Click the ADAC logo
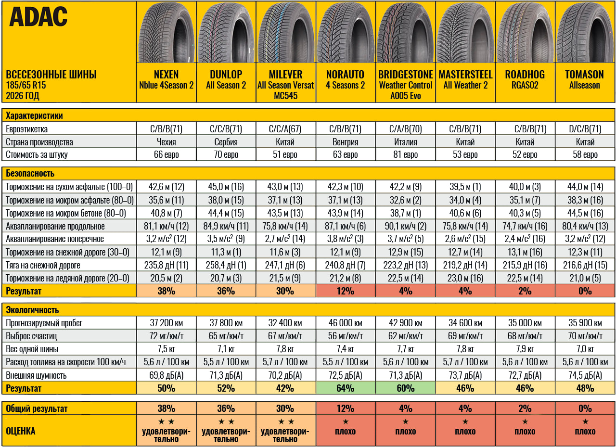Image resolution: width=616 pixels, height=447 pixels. pos(38,16)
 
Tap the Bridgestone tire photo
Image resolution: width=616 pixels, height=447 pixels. pos(405,32)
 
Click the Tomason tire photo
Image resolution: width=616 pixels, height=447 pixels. pos(585,32)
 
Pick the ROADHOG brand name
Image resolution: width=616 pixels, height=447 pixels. pos(525,75)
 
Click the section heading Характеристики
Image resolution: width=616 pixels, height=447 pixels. pos(34,116)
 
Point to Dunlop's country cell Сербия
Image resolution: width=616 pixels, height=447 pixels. pos(226,142)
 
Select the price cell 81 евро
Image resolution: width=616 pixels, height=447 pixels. pos(405,154)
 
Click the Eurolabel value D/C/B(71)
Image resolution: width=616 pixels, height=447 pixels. pos(585,129)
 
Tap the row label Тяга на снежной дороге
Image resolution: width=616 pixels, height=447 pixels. pos(43,265)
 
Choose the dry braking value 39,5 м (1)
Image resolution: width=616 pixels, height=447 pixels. pos(465,187)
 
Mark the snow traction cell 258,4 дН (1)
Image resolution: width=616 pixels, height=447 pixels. pos(226,265)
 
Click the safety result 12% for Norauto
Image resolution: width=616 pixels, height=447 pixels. pos(346,291)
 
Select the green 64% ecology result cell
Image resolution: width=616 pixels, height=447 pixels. pos(346,388)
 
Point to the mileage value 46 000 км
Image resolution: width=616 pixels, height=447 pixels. pos(346,323)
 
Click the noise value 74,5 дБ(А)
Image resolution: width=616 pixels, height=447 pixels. pos(585,375)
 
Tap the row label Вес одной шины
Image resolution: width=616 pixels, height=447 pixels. pos(32,349)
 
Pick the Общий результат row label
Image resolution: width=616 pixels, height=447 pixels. pos(37,409)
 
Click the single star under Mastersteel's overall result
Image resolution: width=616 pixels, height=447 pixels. pos(465,421)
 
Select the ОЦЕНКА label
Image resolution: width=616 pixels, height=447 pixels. pos(21,431)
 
